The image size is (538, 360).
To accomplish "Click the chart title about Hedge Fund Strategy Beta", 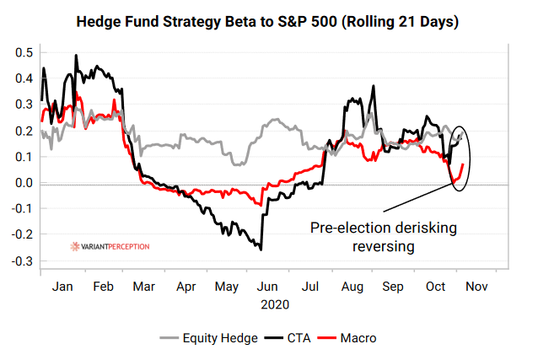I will (x=268, y=22).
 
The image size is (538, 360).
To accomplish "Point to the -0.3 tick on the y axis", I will (x=22, y=261).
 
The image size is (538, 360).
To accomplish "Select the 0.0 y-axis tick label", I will (x=24, y=183).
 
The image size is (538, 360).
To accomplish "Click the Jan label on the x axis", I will (x=62, y=287).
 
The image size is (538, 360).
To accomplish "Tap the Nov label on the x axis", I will (x=476, y=287).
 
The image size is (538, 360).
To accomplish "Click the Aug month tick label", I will (x=352, y=287).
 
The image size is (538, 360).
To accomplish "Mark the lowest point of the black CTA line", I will (x=261, y=250).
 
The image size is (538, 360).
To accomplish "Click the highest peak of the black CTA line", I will (x=76, y=56).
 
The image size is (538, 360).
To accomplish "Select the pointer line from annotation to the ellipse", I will (x=417, y=196).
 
